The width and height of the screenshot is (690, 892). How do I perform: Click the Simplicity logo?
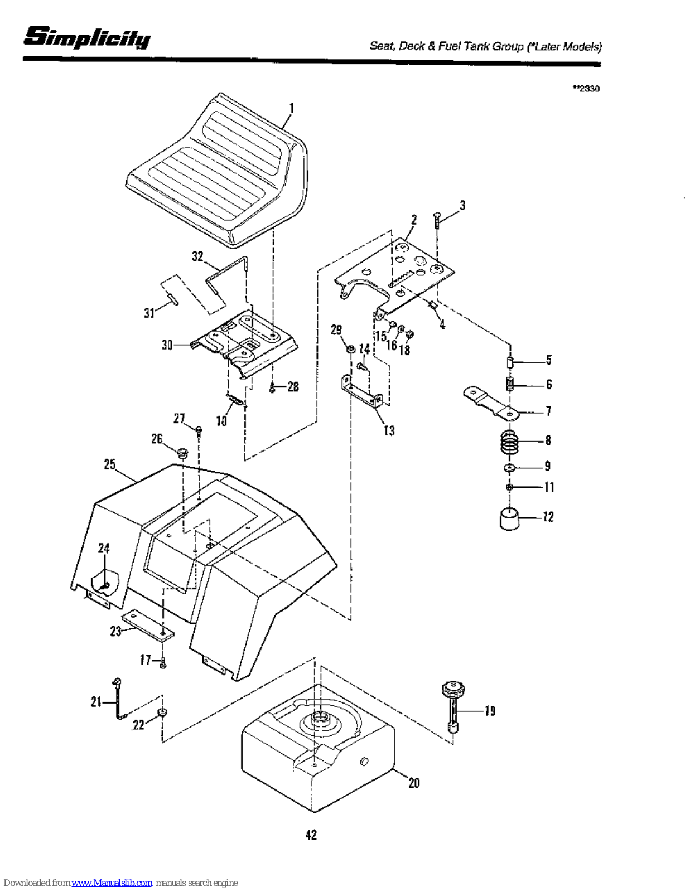(86, 37)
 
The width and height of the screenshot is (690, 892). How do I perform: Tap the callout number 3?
(462, 206)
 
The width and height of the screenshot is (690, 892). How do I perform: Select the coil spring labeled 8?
(509, 442)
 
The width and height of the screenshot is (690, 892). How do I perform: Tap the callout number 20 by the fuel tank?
(414, 783)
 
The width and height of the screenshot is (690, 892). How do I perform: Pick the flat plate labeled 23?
(148, 626)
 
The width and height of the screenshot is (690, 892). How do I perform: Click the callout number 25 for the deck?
(110, 464)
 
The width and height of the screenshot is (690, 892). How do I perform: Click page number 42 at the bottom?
(311, 835)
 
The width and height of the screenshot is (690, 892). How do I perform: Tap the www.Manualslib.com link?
(112, 883)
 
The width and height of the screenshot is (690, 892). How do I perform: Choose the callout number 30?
(167, 345)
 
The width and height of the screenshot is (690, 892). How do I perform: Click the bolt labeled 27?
(199, 429)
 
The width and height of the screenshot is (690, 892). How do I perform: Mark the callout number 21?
(96, 702)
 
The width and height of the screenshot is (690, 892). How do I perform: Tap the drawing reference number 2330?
(588, 89)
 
